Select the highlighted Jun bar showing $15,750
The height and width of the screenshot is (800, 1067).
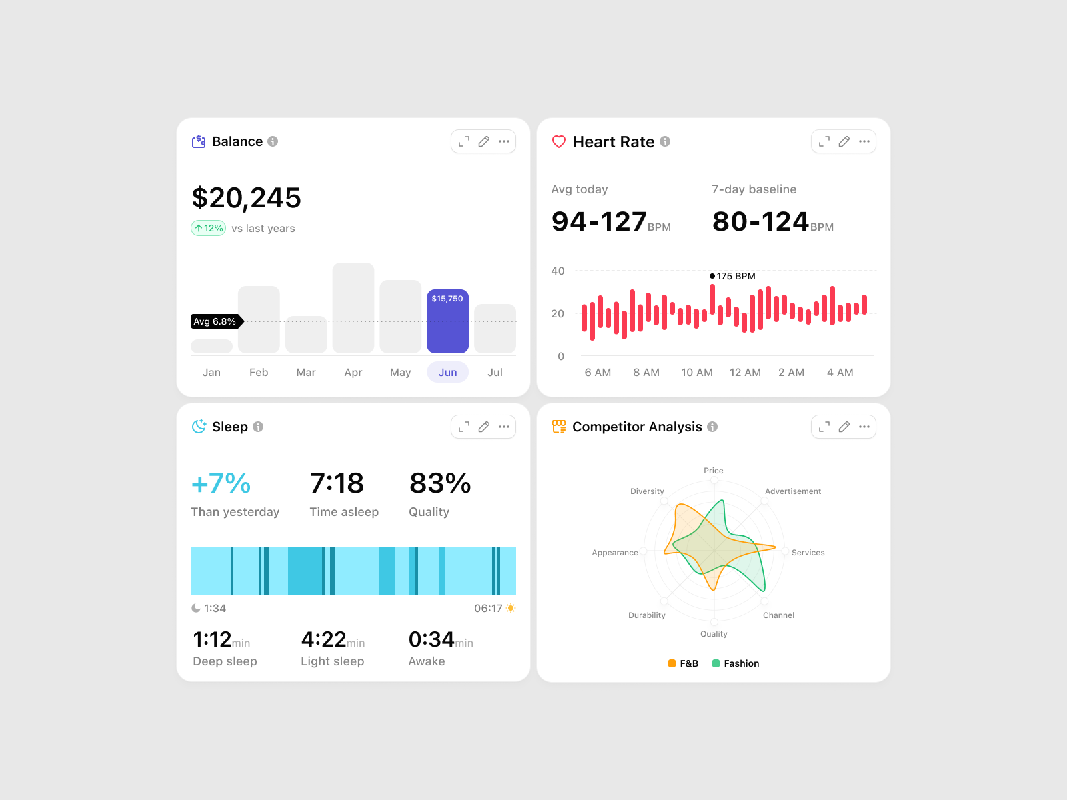coord(447,321)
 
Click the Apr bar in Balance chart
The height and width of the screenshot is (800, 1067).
coord(353,308)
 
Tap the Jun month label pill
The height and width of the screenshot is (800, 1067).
coord(447,372)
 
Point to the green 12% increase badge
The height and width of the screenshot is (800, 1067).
coord(209,228)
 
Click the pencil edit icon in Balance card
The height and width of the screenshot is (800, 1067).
coord(484,141)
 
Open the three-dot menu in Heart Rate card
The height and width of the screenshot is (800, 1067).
coord(864,141)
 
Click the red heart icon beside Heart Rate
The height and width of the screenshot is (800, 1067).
coord(559,142)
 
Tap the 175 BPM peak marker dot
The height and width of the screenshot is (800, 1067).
coord(712,276)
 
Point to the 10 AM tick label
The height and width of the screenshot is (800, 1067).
coord(697,372)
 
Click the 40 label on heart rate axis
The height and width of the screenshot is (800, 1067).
coord(558,271)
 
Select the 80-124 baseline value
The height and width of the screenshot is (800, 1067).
coord(760,222)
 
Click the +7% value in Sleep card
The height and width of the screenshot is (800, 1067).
coord(221,483)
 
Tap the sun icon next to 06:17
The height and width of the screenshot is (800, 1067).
coord(511,608)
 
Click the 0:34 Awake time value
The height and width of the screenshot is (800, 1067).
coord(431,639)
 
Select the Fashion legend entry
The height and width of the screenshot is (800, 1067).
coord(736,663)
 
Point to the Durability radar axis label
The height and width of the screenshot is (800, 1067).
coord(647,615)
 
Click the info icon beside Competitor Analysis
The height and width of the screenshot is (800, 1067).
coord(712,427)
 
